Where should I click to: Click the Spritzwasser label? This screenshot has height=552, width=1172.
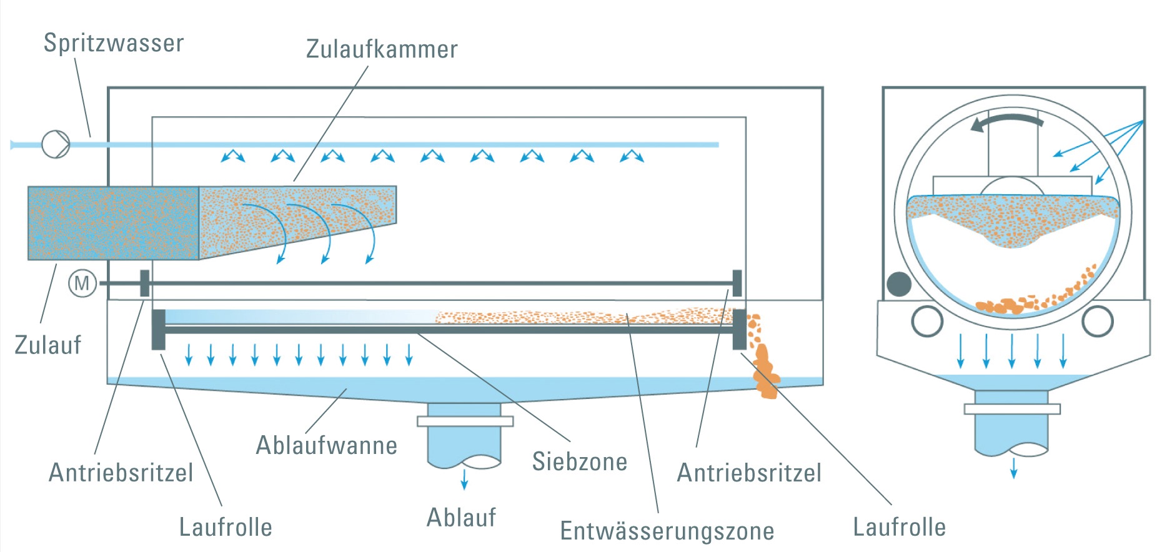pos(114,43)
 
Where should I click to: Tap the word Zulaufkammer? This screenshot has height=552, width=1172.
pos(382,49)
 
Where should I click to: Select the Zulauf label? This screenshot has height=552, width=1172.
pos(48,345)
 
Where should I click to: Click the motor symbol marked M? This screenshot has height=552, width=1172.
pos(82,283)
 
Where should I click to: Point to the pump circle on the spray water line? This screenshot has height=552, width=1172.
pos(56,144)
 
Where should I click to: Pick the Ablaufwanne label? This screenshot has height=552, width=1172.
pos(326,445)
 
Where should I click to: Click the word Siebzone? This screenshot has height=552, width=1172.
pos(579,461)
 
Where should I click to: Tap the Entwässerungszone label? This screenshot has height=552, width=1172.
pos(667,531)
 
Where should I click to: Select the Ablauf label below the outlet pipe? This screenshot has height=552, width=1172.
pos(461,518)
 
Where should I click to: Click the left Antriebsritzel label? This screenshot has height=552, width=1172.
pos(121,472)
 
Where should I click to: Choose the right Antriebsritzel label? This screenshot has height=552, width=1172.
pos(749,473)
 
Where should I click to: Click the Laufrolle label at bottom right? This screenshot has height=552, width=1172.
pos(899,527)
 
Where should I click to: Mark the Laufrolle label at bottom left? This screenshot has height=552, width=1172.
pos(226,527)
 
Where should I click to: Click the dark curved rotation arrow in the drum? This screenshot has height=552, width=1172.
pos(1006,121)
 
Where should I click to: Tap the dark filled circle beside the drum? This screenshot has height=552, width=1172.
pos(899,284)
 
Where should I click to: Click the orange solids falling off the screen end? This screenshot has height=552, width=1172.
pos(764,368)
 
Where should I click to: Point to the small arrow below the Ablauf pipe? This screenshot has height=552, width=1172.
pos(464,480)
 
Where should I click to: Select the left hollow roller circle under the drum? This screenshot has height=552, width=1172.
pos(927,321)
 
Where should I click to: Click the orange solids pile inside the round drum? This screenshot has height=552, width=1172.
pos(1006,305)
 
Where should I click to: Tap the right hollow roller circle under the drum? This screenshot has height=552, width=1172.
pos(1097,321)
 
